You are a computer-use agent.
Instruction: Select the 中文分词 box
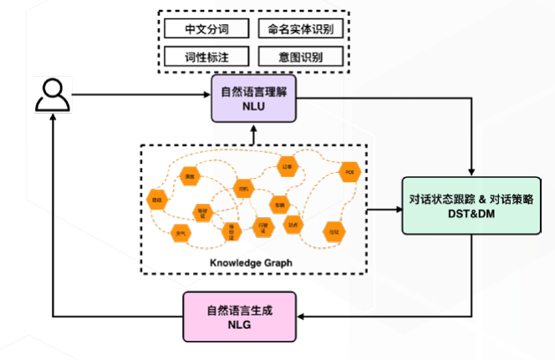click(x=206, y=29)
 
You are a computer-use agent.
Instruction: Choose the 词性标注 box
click(x=206, y=57)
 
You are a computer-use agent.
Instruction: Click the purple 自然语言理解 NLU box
click(x=252, y=99)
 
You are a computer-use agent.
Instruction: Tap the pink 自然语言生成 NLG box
click(x=241, y=317)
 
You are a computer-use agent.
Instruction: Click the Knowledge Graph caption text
click(x=251, y=262)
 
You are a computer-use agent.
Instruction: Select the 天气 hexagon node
click(x=180, y=234)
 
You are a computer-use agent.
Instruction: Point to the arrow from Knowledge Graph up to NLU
click(x=252, y=133)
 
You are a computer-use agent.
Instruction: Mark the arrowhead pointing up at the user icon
click(x=52, y=119)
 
